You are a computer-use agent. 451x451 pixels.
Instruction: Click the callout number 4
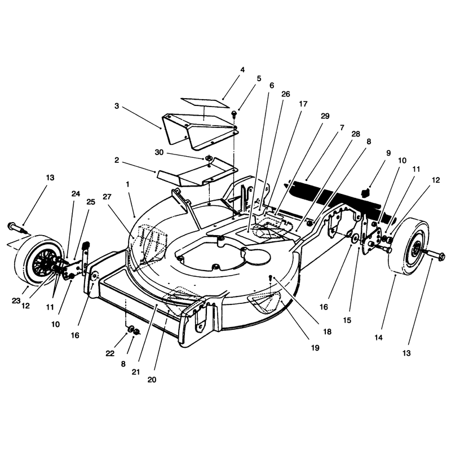tap(242, 70)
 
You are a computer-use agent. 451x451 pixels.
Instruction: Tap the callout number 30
tap(159, 152)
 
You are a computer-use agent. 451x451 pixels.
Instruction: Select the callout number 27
tap(107, 197)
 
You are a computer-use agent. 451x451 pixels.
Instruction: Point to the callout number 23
tap(16, 300)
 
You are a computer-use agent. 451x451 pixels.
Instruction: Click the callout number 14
tap(379, 338)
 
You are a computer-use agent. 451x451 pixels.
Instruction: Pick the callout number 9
tap(388, 153)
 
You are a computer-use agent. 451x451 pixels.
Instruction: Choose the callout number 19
tap(315, 348)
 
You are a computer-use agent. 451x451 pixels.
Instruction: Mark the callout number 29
tap(325, 116)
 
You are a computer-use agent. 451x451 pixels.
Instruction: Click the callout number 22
tap(110, 353)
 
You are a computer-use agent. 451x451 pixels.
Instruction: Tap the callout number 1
tap(127, 184)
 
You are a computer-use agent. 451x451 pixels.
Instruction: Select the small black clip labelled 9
tap(365, 192)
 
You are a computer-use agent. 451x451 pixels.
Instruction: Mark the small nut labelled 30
tap(208, 158)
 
